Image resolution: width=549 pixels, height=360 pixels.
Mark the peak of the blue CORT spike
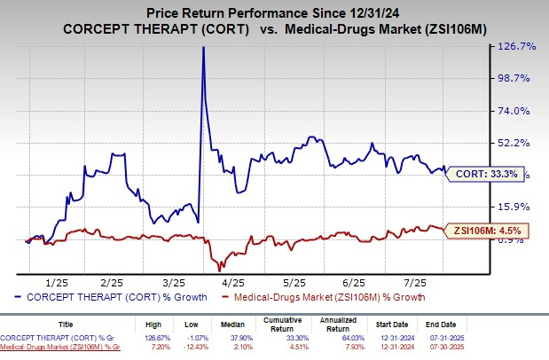coord(204,47)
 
